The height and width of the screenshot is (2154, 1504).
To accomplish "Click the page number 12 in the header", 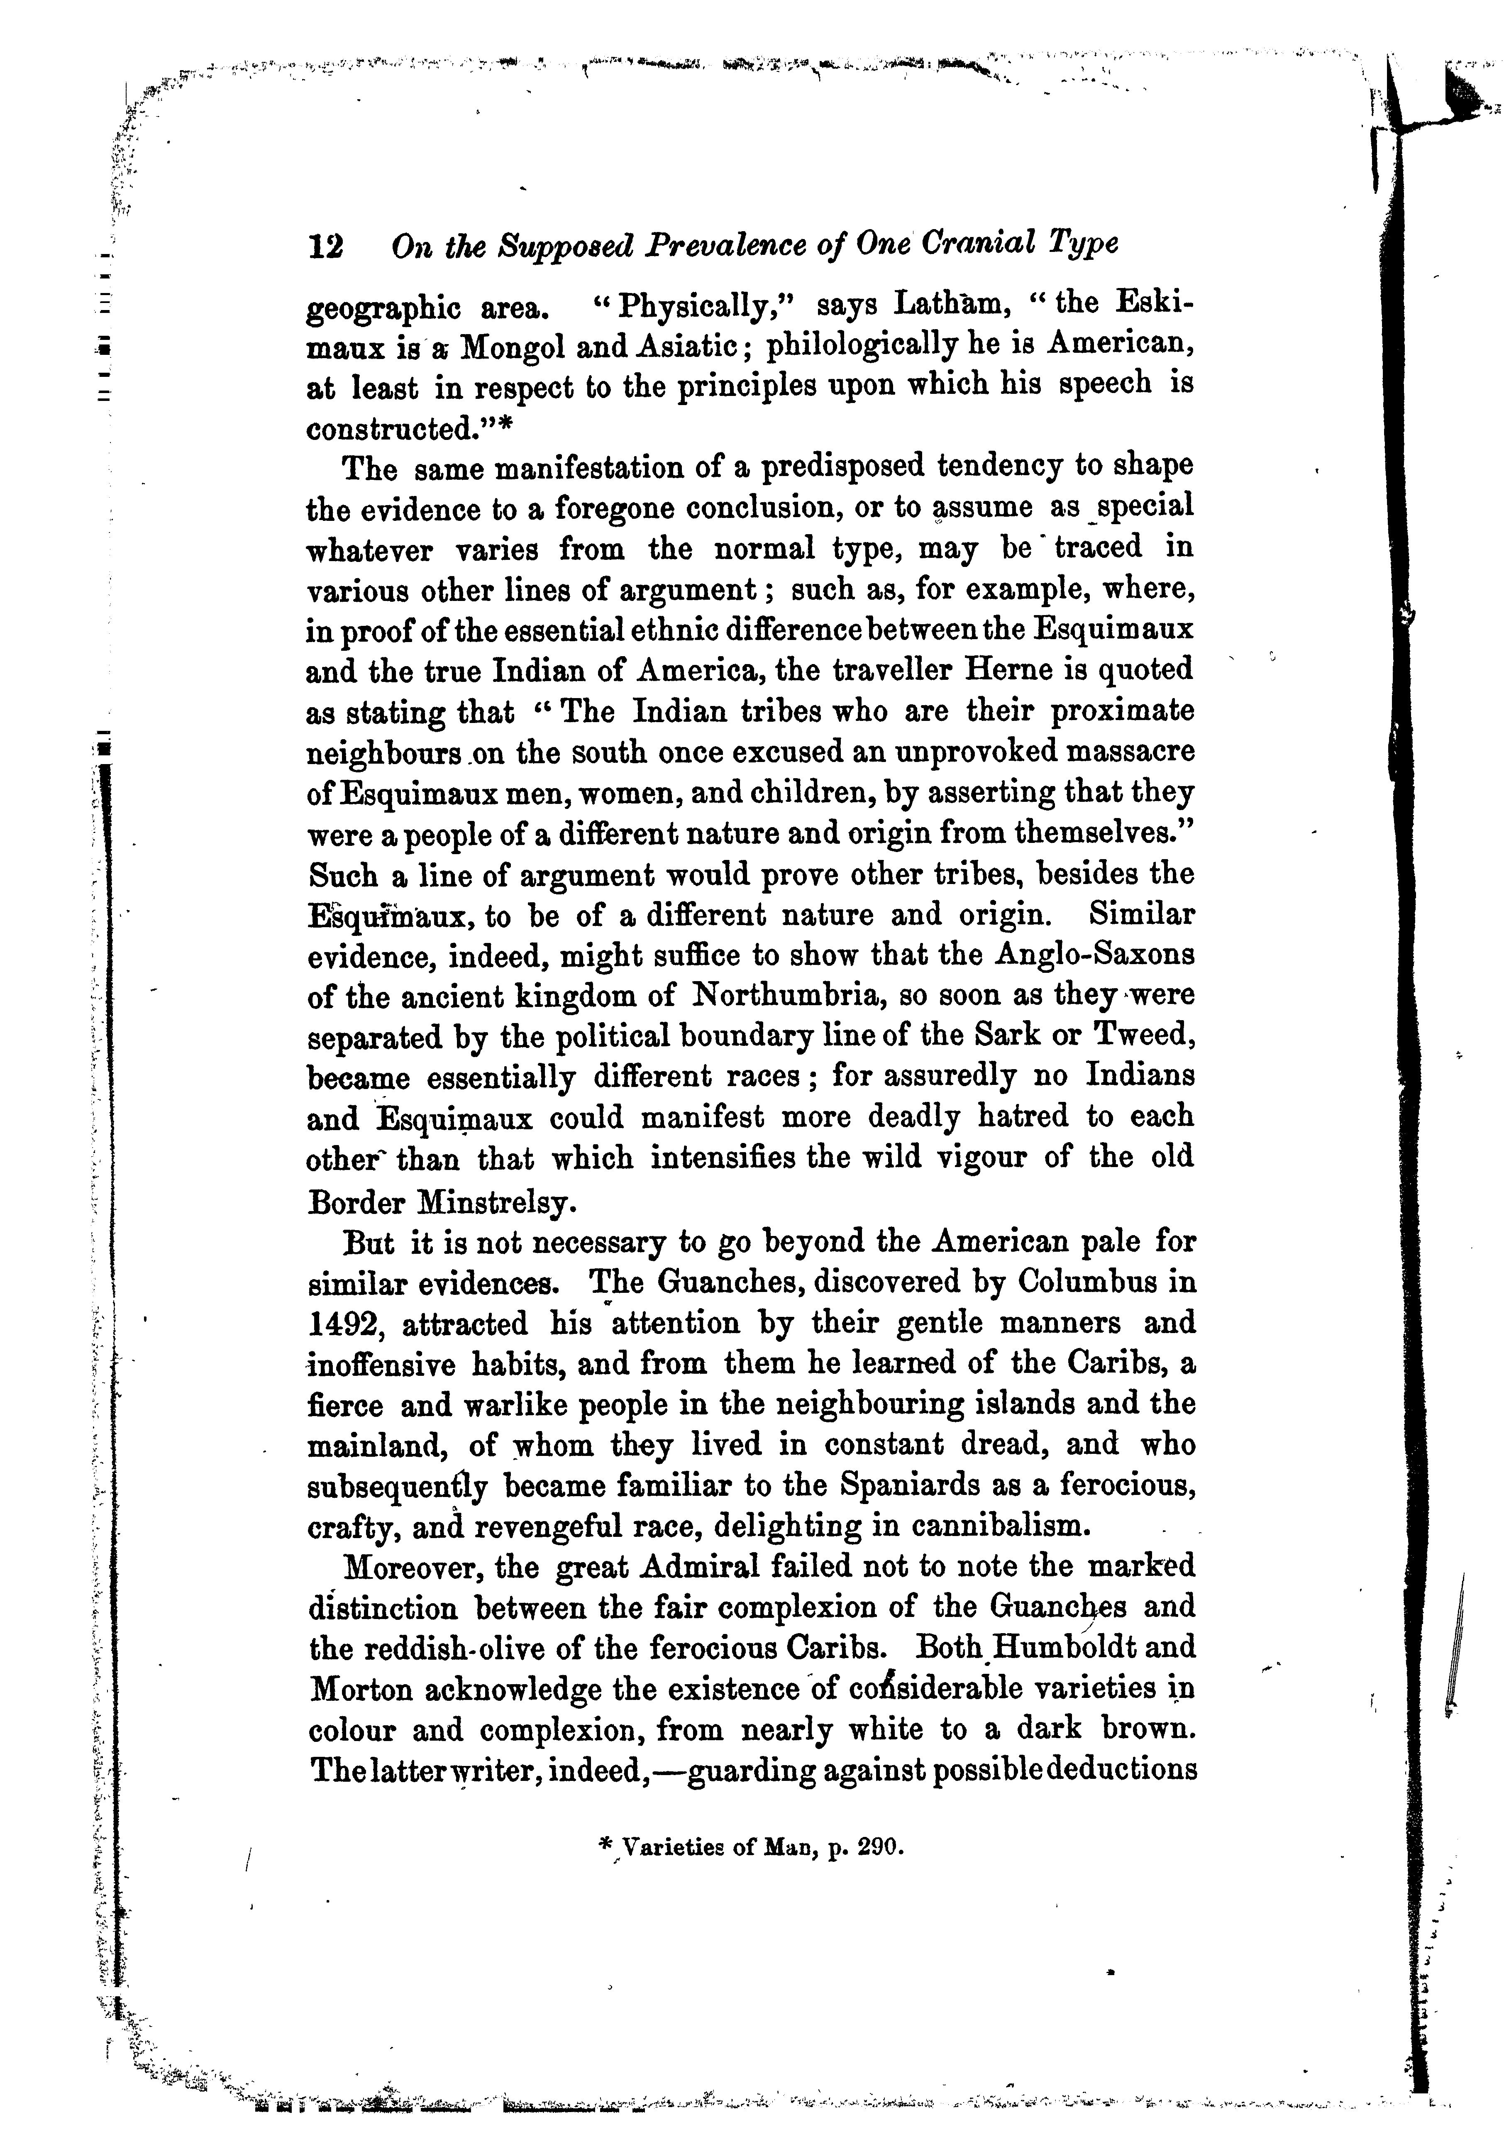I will tap(325, 247).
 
